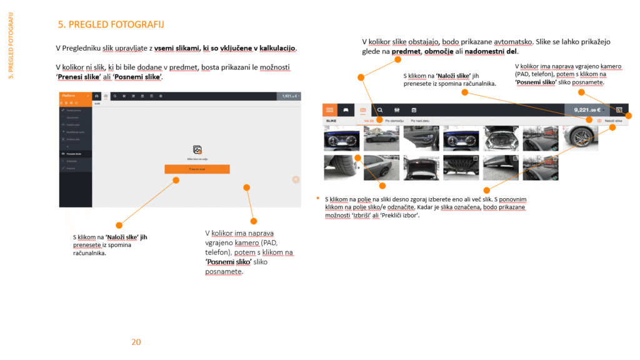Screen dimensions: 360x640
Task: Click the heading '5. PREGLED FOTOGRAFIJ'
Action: (111, 25)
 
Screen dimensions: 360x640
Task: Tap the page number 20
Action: (136, 342)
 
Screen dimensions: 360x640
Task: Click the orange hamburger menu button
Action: (330, 110)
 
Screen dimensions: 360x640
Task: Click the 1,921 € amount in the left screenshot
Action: (287, 96)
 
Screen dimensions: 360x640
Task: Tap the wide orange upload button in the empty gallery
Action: (197, 169)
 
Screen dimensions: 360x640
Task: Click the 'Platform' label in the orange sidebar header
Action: (68, 96)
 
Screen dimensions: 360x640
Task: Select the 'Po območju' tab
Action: (394, 120)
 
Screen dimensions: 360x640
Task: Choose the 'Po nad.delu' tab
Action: (421, 120)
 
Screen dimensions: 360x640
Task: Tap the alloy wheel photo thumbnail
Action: (580, 138)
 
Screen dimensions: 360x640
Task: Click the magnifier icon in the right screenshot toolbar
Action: (380, 110)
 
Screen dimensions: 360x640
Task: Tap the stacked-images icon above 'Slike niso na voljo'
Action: (197, 150)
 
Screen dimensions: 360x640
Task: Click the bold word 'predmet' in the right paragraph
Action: (406, 52)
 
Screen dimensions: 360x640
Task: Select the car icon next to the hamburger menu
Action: (344, 110)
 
